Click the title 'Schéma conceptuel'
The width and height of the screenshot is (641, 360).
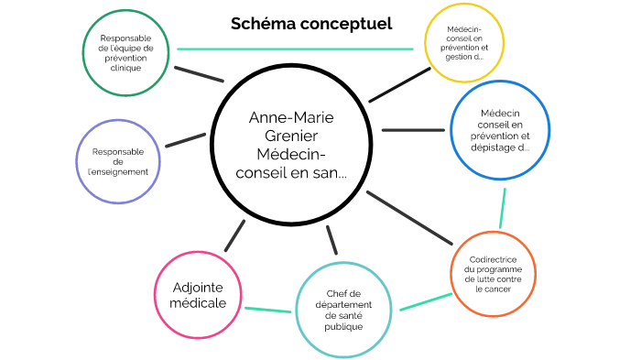click(311, 24)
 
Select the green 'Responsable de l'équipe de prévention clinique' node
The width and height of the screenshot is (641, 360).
click(127, 53)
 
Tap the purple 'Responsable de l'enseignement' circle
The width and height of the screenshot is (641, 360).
click(119, 160)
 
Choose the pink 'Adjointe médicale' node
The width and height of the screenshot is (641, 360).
click(199, 295)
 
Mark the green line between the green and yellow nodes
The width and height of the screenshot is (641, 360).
click(298, 49)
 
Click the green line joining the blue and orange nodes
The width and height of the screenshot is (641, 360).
click(503, 207)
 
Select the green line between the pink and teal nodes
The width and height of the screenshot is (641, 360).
click(268, 310)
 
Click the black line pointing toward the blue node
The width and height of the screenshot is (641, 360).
click(412, 130)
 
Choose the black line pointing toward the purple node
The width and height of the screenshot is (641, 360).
click(185, 140)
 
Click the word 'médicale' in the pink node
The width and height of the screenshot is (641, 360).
click(199, 303)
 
